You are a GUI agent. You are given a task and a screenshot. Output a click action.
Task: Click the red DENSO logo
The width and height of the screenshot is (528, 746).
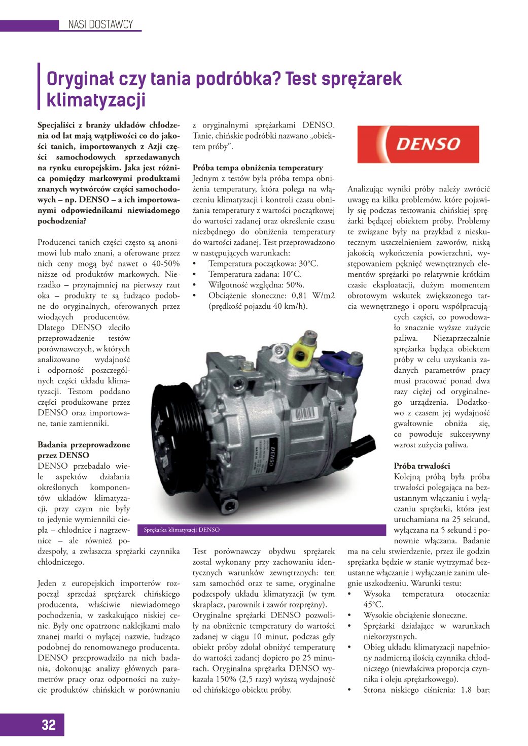click(x=418, y=144)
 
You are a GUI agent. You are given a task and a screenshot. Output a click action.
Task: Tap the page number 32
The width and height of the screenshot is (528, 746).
click(x=49, y=725)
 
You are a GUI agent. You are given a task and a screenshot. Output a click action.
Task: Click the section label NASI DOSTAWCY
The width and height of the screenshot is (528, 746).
click(x=100, y=24)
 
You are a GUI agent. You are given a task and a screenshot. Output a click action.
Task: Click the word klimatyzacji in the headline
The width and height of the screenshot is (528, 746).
click(x=96, y=100)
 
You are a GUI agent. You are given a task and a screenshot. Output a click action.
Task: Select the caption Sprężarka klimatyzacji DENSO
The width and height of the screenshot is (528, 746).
click(x=182, y=530)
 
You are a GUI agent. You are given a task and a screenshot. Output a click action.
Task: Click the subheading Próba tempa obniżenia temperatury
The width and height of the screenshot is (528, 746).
click(x=258, y=168)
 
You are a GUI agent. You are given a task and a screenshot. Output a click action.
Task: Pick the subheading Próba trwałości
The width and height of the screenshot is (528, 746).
click(x=422, y=466)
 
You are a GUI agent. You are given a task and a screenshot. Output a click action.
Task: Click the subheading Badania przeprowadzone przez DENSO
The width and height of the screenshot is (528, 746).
click(x=84, y=450)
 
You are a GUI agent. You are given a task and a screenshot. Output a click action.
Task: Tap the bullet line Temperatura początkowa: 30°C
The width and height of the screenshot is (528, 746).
click(x=263, y=264)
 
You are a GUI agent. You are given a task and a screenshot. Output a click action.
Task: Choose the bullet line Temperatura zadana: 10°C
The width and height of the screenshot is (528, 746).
click(x=255, y=274)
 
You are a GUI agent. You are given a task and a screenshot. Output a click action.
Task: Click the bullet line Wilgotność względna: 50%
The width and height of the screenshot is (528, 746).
click(x=256, y=285)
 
